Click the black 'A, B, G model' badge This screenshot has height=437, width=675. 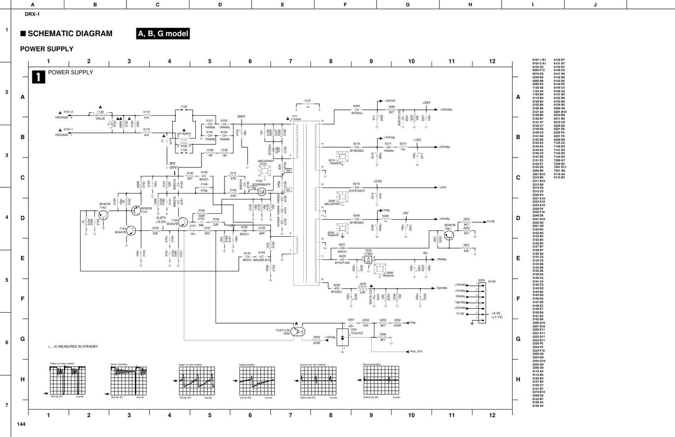(x=163, y=34)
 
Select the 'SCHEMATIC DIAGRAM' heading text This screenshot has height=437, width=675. (x=70, y=34)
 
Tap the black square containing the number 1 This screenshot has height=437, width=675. (x=38, y=77)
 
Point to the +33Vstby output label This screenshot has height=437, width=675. (x=446, y=109)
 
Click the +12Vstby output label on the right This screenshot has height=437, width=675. (x=445, y=147)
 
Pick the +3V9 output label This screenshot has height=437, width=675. (x=443, y=187)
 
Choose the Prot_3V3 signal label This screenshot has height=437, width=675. (x=416, y=351)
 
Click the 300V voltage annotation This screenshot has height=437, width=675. (x=241, y=117)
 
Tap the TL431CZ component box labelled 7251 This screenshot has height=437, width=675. (x=342, y=337)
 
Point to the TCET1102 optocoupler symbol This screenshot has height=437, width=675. (x=297, y=332)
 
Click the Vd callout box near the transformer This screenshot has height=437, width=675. (x=288, y=171)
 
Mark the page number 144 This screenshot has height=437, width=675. (x=22, y=424)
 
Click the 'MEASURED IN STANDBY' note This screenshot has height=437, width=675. (x=73, y=347)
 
